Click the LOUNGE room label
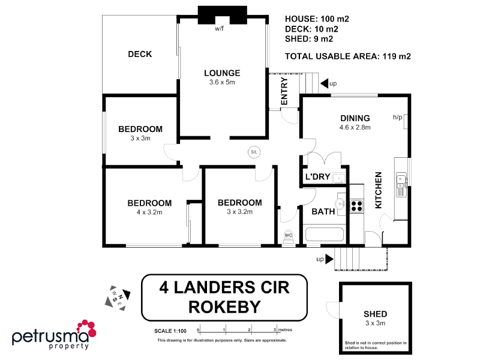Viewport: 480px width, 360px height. click(221, 73)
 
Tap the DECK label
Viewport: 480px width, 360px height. click(140, 54)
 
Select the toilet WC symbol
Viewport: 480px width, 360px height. click(287, 235)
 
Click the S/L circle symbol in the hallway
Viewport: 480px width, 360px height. click(254, 152)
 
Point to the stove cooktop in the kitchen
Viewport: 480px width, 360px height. click(356, 206)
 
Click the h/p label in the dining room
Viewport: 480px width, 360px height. click(397, 117)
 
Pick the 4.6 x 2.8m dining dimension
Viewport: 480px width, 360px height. click(355, 127)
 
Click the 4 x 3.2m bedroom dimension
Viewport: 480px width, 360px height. click(149, 212)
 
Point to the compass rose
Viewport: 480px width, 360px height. click(115, 296)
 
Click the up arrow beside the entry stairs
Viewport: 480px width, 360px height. click(325, 83)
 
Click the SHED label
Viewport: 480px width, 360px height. click(375, 314)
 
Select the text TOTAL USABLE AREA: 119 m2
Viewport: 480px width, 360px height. click(347, 57)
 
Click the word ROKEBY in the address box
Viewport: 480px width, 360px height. click(224, 307)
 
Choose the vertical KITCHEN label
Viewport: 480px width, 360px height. click(379, 190)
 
